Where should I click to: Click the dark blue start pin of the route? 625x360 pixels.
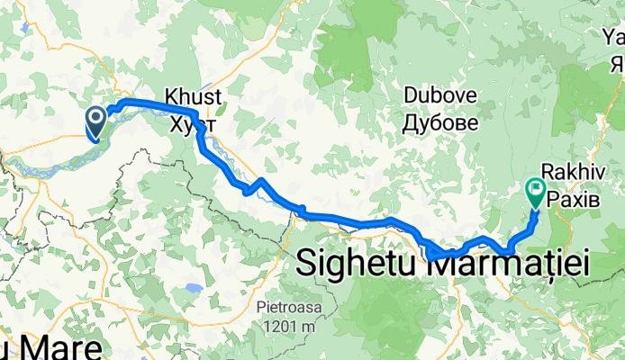(x=96, y=121)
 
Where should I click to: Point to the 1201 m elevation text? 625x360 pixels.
(x=289, y=322)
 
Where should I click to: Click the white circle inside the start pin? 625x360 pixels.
(x=96, y=116)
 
